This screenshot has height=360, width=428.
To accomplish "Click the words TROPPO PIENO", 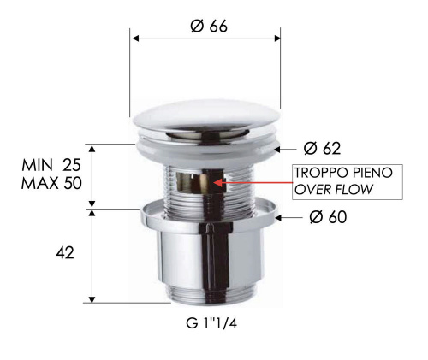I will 343,173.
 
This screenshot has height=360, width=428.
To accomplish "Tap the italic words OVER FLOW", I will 334,189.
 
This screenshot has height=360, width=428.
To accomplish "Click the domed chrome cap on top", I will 205,119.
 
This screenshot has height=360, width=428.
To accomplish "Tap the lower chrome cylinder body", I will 206,261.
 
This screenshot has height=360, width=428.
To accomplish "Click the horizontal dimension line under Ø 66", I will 205,37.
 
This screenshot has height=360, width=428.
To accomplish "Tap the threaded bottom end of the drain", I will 206,298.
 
